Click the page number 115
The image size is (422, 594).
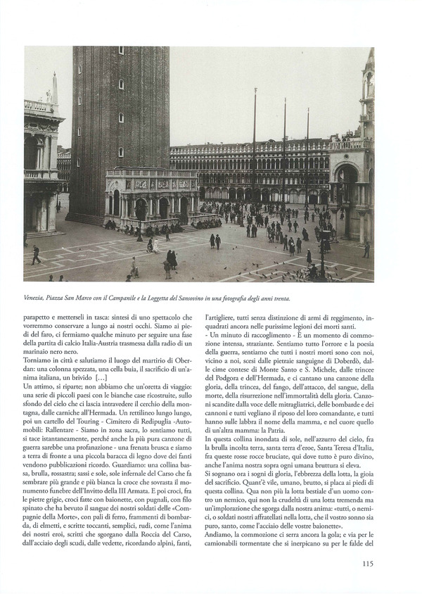point(367,562)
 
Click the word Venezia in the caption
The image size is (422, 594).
point(39,298)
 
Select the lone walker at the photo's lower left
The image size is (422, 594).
point(36,254)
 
